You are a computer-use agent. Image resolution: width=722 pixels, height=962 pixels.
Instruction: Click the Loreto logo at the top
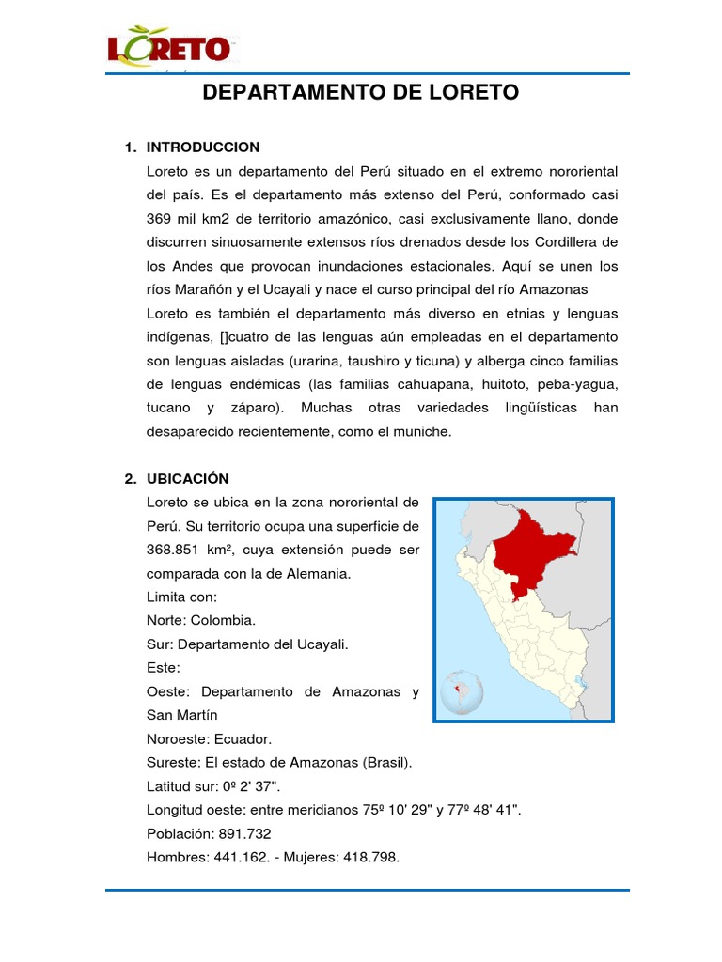coord(168,49)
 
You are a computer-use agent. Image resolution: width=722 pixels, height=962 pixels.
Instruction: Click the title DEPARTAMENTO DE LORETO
coord(361,93)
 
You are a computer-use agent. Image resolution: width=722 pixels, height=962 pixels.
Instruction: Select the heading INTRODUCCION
coord(203,147)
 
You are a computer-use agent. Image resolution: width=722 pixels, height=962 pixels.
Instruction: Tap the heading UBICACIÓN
coord(188,479)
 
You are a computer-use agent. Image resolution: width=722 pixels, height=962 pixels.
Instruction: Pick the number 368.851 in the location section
coord(179,550)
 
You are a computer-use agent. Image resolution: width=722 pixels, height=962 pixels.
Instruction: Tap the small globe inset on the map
coord(462,691)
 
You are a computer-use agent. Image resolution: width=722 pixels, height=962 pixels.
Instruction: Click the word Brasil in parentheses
coord(385,763)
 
